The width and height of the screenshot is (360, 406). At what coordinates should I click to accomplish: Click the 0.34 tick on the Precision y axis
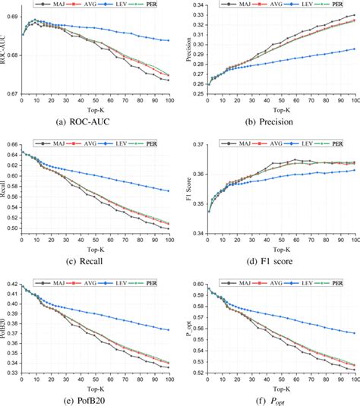(197, 5)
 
